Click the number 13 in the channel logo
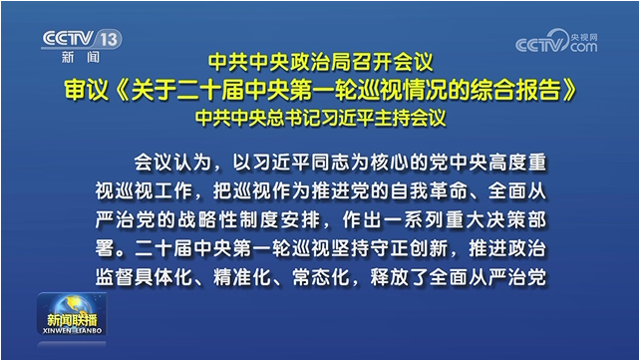tap(109, 40)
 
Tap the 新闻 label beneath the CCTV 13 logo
tap(81, 57)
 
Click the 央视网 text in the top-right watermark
tap(584, 37)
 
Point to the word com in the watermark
tap(584, 47)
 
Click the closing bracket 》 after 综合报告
tap(568, 90)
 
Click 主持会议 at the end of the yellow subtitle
tap(410, 118)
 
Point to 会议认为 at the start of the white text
tap(172, 163)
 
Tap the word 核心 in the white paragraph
tap(390, 163)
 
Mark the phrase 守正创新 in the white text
tap(410, 248)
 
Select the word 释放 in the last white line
tap(390, 277)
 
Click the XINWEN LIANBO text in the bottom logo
tap(72, 330)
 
